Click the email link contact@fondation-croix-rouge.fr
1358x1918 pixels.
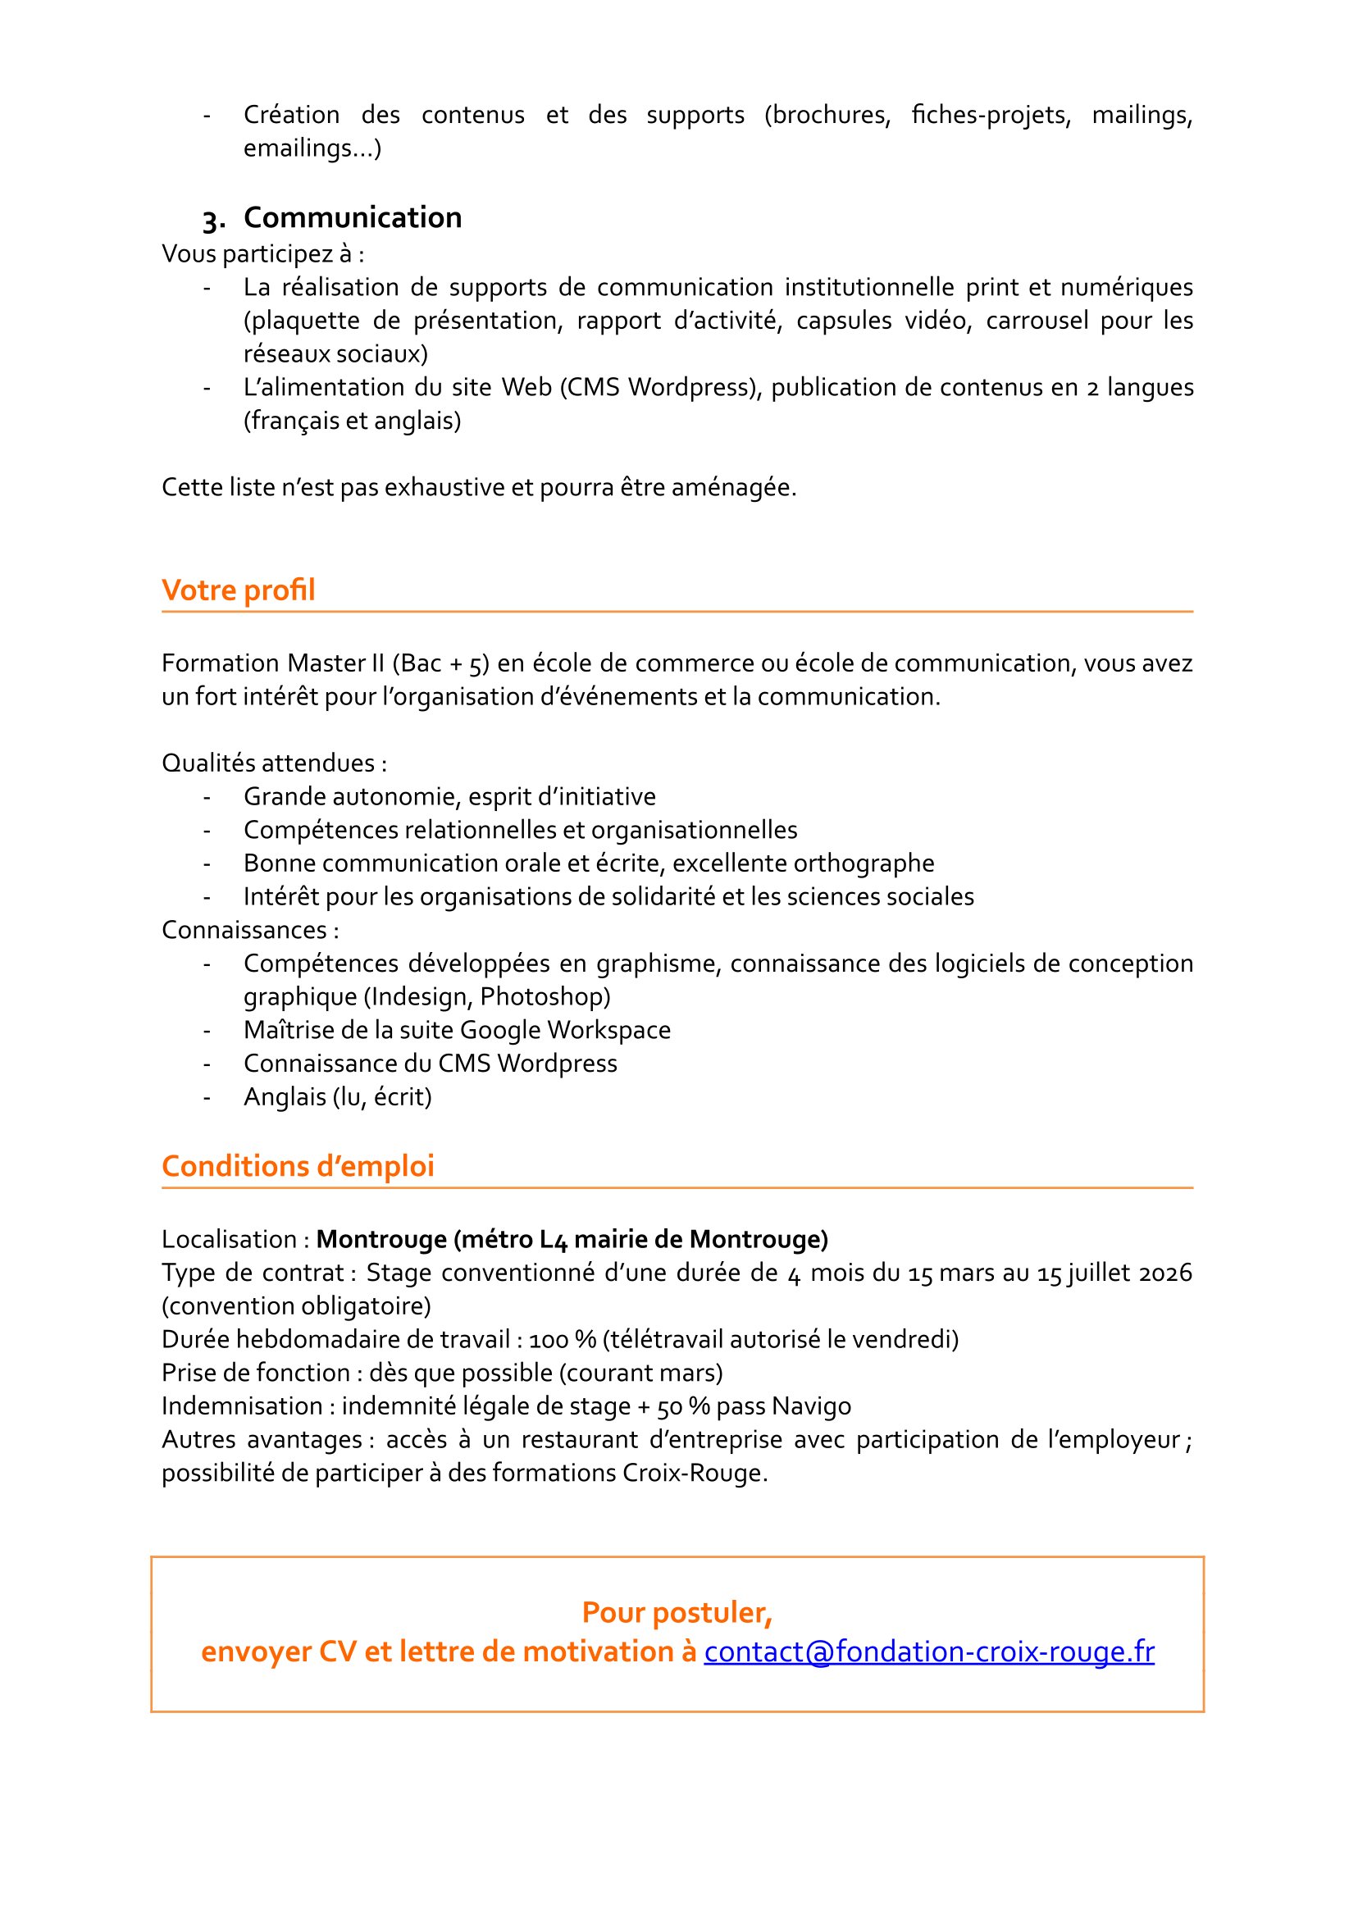point(928,1652)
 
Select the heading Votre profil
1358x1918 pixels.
point(239,590)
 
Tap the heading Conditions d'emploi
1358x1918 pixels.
point(298,1166)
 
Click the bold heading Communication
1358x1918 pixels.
point(352,217)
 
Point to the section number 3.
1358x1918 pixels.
point(212,220)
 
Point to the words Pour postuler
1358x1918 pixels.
point(677,1613)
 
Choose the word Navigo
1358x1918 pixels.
point(812,1406)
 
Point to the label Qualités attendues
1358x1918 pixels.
point(273,763)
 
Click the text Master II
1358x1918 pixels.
point(335,663)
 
